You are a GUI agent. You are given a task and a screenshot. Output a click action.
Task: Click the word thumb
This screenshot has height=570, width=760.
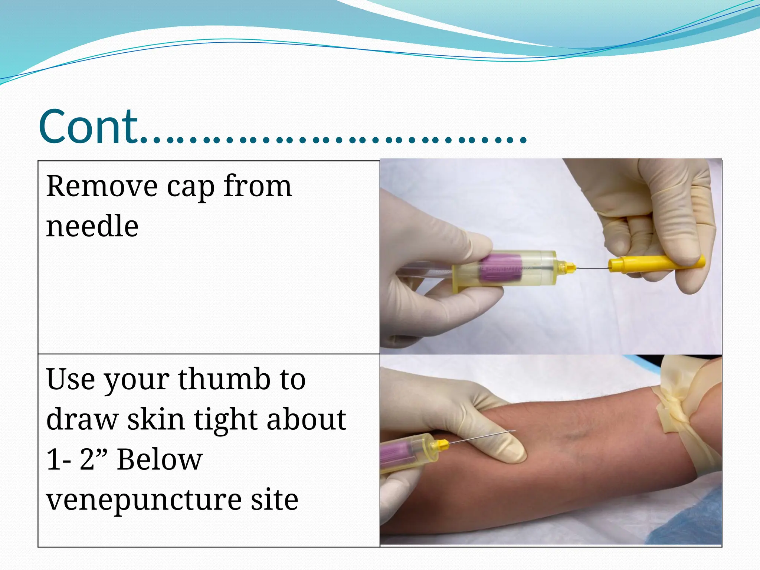tap(224, 380)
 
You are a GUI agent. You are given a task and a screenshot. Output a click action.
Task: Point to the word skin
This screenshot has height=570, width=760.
tap(156, 420)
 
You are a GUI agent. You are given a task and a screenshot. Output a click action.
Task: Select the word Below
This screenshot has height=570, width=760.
tap(160, 459)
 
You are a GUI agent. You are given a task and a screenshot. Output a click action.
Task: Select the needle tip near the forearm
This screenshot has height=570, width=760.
tap(514, 431)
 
